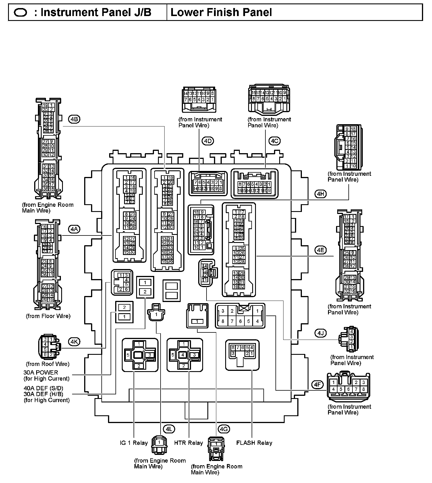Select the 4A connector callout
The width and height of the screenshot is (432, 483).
(x=74, y=229)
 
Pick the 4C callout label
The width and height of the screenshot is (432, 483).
(x=275, y=141)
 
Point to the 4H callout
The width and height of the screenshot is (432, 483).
(x=321, y=194)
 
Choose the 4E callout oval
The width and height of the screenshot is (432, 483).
(x=321, y=250)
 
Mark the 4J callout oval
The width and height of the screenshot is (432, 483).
(x=321, y=333)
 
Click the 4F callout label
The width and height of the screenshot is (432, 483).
(x=317, y=385)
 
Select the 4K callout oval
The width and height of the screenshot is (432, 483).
(x=74, y=341)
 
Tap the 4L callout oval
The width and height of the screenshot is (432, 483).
(x=169, y=429)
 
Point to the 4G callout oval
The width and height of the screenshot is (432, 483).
(x=224, y=429)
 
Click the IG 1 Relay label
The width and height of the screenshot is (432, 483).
(x=134, y=443)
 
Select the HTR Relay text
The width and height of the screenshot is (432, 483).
(x=188, y=443)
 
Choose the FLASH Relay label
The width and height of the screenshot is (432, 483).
(x=254, y=443)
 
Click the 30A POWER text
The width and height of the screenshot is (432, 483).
(x=41, y=373)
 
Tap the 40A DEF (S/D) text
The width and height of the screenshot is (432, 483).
(x=43, y=388)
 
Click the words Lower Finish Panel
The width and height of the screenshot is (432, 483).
(x=221, y=12)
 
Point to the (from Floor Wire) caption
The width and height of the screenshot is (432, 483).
(x=48, y=316)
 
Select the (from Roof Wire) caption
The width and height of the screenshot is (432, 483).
(x=48, y=364)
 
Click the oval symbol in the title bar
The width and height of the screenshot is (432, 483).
(x=20, y=13)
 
